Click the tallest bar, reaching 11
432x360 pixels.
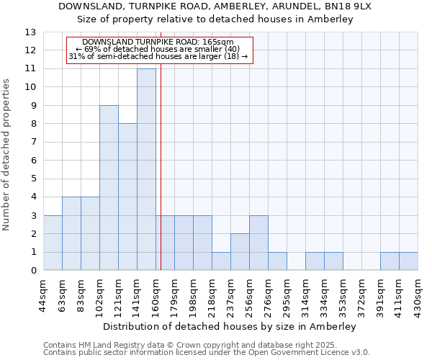click(x=146, y=169)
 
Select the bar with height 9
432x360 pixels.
click(x=109, y=188)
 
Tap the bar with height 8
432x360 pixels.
click(x=127, y=197)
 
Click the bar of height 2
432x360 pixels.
click(x=240, y=252)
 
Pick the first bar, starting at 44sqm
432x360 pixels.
click(x=53, y=243)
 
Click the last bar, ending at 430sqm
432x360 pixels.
click(x=408, y=261)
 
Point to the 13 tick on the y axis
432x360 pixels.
click(x=30, y=32)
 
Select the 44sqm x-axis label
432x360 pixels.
click(x=44, y=294)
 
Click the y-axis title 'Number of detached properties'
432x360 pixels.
click(x=7, y=154)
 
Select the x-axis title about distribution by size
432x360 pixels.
click(x=230, y=326)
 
